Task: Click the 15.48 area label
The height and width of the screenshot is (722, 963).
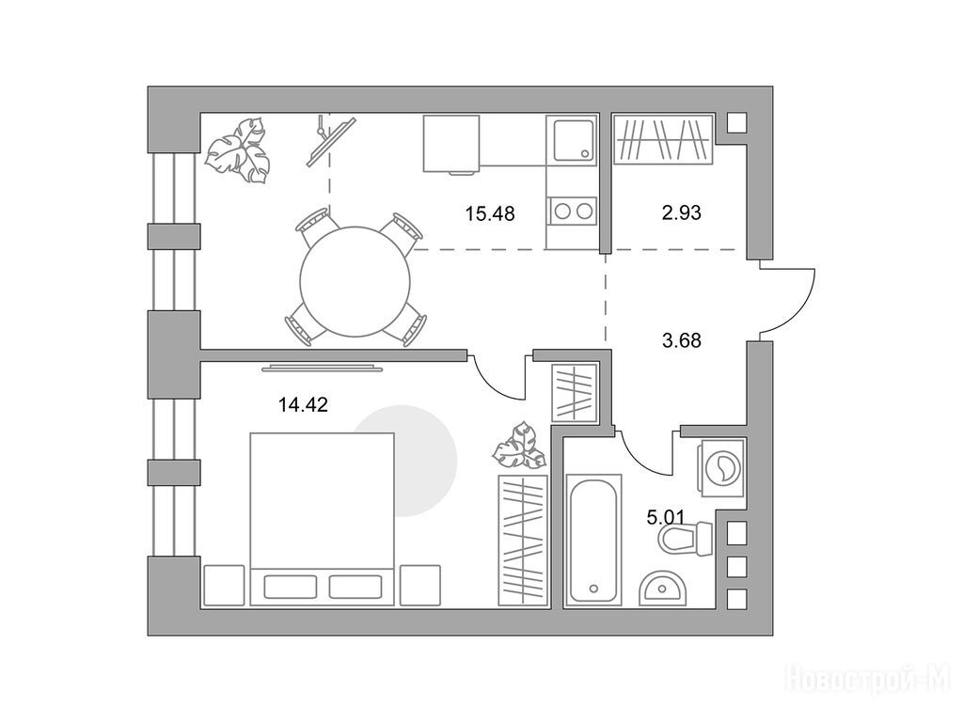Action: (x=489, y=214)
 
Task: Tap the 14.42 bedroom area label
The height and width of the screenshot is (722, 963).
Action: (x=303, y=405)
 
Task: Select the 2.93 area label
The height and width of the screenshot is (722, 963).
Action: (x=681, y=213)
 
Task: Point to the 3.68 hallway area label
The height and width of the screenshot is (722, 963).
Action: (x=681, y=340)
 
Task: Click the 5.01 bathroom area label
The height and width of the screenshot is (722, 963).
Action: (x=665, y=518)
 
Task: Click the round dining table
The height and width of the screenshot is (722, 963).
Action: (x=355, y=282)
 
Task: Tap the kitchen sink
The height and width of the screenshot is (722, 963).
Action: (x=574, y=140)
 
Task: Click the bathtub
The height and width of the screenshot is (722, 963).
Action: (x=593, y=540)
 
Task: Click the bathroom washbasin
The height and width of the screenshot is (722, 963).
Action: (x=662, y=588)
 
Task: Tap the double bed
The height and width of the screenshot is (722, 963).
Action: (x=322, y=519)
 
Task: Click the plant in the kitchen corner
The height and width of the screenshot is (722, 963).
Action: (x=236, y=150)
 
